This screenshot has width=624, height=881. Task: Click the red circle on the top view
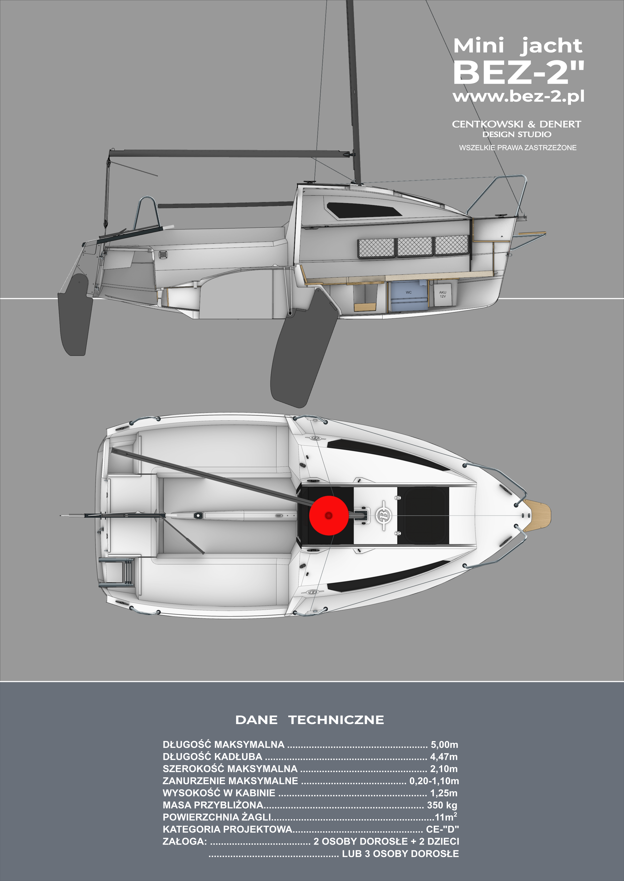(x=329, y=515)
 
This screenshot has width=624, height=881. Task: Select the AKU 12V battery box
(x=443, y=294)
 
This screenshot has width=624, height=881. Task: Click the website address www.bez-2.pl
(x=518, y=96)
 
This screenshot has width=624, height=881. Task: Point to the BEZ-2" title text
(x=518, y=72)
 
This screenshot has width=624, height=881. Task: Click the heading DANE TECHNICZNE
(x=309, y=720)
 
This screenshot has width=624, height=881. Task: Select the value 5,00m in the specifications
(x=444, y=745)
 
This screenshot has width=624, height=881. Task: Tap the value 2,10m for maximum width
(x=444, y=769)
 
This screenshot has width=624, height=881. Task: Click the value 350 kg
(x=442, y=805)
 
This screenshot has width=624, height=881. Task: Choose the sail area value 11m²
(x=446, y=817)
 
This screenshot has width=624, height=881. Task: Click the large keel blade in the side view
(x=304, y=354)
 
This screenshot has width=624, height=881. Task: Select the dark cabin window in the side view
(x=363, y=209)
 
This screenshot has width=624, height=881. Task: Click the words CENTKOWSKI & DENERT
(x=516, y=124)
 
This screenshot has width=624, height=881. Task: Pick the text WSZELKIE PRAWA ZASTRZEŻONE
(x=518, y=148)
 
